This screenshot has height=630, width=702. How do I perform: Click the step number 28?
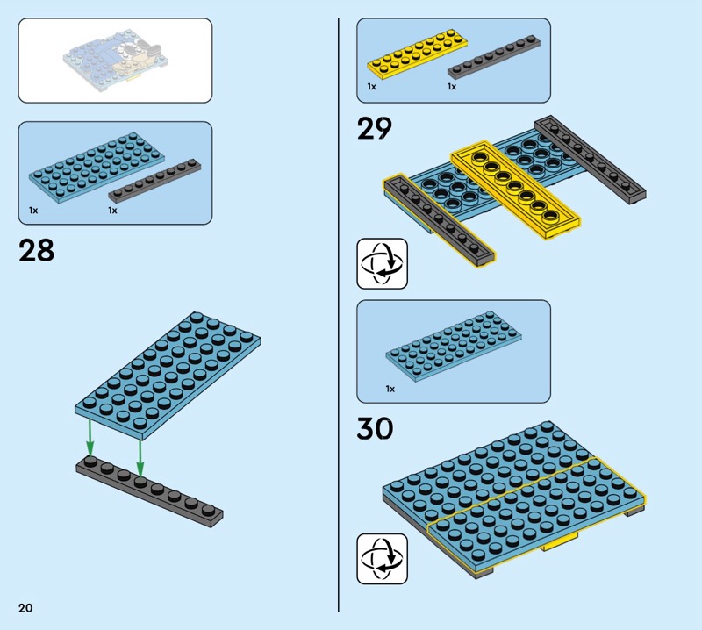[x=36, y=250]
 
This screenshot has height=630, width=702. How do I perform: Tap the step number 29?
[x=375, y=128]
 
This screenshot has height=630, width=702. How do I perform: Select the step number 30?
[x=376, y=428]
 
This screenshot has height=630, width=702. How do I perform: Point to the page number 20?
[x=25, y=607]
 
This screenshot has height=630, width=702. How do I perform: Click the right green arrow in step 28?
[x=140, y=458]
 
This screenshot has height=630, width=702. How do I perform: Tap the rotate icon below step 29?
[x=382, y=264]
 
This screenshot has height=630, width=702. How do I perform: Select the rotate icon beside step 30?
[x=382, y=558]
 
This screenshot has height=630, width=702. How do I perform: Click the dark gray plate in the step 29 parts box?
[x=494, y=57]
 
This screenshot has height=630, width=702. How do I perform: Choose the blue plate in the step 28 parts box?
[x=97, y=168]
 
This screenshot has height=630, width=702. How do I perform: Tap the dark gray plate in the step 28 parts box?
[x=154, y=181]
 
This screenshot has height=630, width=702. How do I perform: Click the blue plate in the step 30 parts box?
[x=454, y=347]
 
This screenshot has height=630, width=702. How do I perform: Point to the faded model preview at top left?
[x=115, y=57]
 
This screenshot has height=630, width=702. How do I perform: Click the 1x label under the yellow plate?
[x=371, y=86]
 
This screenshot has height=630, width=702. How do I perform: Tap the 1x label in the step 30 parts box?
[x=390, y=389]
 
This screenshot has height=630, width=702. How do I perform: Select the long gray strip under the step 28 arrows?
[x=149, y=491]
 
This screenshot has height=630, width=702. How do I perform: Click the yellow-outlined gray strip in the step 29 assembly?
[x=440, y=221]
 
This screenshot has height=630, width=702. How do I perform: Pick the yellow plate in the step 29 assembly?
[x=515, y=190]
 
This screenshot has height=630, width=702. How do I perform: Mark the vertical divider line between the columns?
[x=339, y=314]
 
